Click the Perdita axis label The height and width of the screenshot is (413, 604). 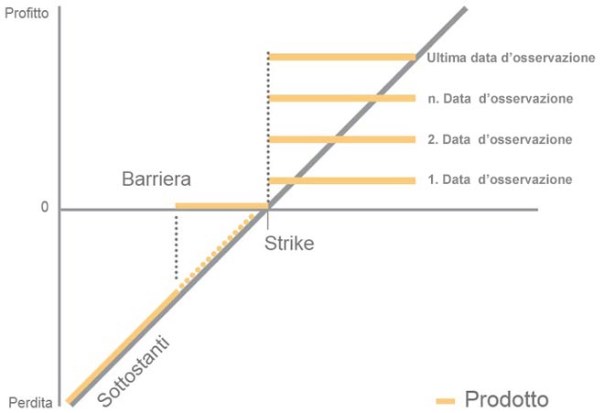point(27,403)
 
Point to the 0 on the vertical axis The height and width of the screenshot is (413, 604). point(43,208)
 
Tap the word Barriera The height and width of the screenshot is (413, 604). point(156,178)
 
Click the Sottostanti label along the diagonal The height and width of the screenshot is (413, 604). point(135,370)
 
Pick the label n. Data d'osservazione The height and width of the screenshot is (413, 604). point(500,98)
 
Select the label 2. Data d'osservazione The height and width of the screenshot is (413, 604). point(500,139)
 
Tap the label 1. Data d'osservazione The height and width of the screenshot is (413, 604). point(500,179)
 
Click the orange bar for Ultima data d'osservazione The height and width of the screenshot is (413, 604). point(342,57)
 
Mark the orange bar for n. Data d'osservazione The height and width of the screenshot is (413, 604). point(342,98)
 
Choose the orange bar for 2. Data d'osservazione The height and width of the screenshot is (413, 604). point(342,139)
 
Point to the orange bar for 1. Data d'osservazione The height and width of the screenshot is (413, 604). point(342,180)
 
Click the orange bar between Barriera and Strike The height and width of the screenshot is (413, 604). point(221,206)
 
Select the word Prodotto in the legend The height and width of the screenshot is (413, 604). point(507,399)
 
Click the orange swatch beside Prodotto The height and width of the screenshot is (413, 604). point(446,400)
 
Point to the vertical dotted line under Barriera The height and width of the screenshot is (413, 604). point(176,245)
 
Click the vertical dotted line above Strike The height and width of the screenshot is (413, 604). point(268,128)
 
